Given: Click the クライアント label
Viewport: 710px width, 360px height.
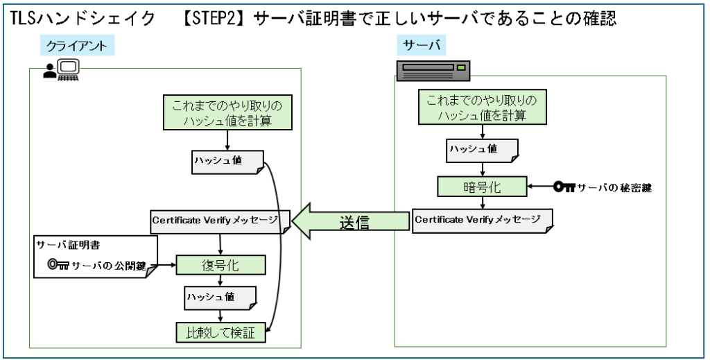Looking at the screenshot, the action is pyautogui.click(x=77, y=46).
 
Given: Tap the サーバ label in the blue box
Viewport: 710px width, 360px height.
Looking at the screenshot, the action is pyautogui.click(x=422, y=45).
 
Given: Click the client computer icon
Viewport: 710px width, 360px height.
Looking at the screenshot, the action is pyautogui.click(x=62, y=70).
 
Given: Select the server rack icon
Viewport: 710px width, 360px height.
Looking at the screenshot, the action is pyautogui.click(x=433, y=71).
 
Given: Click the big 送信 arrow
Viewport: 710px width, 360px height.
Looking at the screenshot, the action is pyautogui.click(x=350, y=221).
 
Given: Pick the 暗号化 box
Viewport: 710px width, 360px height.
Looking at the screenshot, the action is pyautogui.click(x=482, y=187).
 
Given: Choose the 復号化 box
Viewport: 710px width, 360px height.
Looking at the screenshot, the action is pyautogui.click(x=220, y=265).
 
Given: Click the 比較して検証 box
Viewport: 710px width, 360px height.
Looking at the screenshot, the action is pyautogui.click(x=220, y=332).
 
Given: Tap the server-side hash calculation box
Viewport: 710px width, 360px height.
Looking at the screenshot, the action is pyautogui.click(x=482, y=107).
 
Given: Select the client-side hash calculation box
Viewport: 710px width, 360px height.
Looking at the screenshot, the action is pyautogui.click(x=227, y=113).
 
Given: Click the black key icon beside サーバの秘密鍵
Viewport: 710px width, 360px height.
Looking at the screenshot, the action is pyautogui.click(x=564, y=187).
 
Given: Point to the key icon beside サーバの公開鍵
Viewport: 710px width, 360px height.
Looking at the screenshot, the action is pyautogui.click(x=58, y=264).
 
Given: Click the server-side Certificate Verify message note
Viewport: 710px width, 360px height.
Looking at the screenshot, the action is pyautogui.click(x=483, y=221).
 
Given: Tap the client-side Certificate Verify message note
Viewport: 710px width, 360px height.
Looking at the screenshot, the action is pyautogui.click(x=220, y=221).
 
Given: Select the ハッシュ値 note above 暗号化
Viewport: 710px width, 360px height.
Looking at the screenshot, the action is pyautogui.click(x=482, y=151).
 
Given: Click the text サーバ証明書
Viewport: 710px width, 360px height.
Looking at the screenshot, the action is pyautogui.click(x=69, y=245).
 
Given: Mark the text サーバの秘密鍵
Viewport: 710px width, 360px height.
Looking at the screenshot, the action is pyautogui.click(x=614, y=187).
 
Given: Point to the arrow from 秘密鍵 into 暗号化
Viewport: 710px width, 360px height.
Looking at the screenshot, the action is pyautogui.click(x=540, y=186).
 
